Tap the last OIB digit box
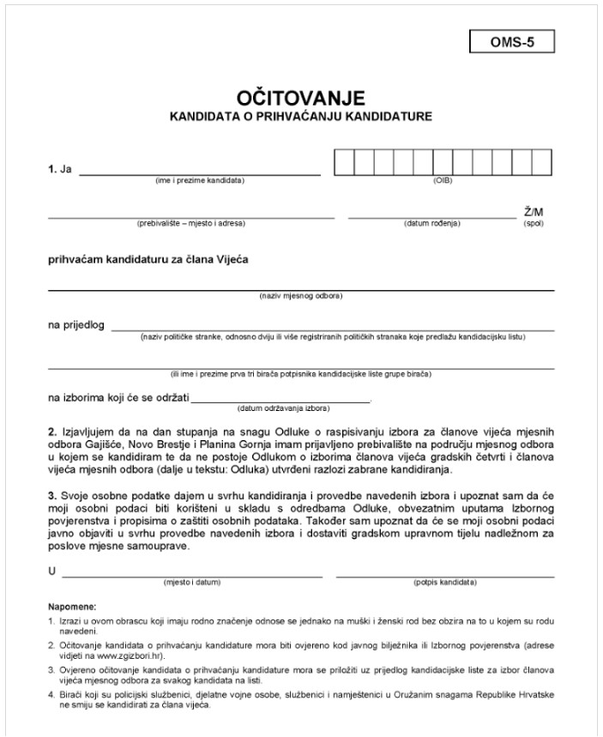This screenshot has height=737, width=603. tap(544, 160)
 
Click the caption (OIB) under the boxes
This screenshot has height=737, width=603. tap(443, 180)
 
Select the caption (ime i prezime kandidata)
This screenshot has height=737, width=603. tap(200, 180)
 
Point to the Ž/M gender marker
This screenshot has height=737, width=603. tap(534, 211)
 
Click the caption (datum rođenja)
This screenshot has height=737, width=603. tap(432, 223)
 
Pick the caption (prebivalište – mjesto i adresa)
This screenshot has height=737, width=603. tap(191, 223)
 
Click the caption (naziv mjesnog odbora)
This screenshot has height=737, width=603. tap(301, 297)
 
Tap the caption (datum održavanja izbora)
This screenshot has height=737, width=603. tap(283, 408)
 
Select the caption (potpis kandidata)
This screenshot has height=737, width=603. tap(444, 581)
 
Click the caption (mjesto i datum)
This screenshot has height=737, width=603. tap(192, 581)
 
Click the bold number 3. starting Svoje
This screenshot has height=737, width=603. tap(51, 496)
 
